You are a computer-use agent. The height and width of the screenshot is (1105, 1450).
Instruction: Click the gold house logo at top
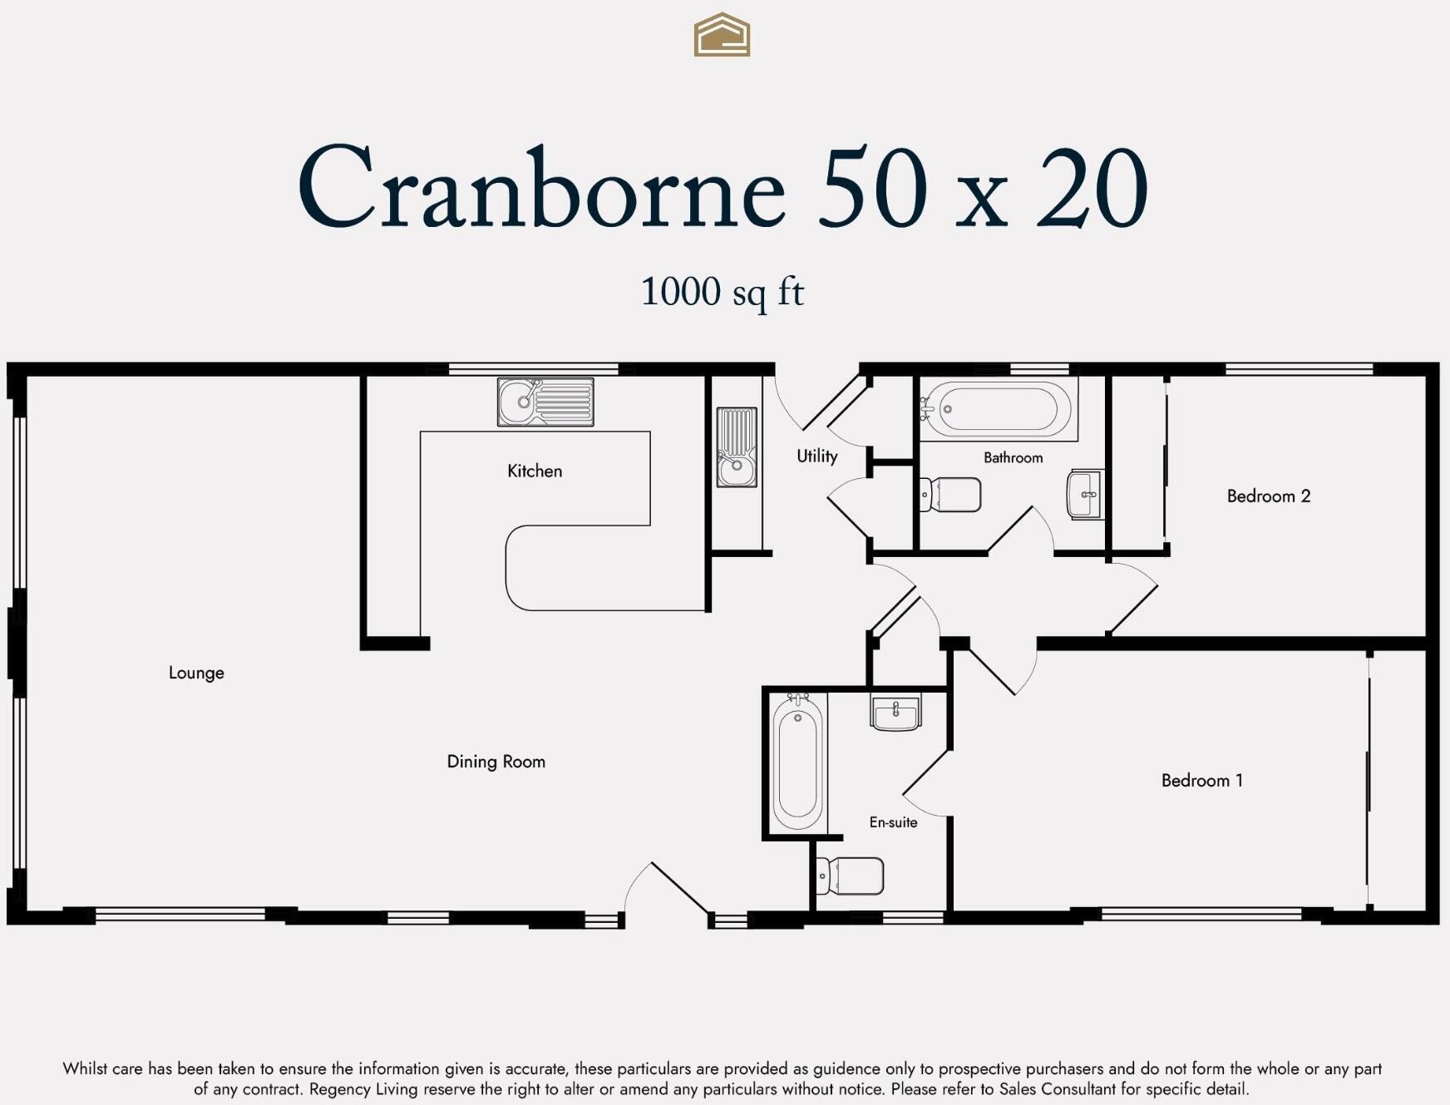722,35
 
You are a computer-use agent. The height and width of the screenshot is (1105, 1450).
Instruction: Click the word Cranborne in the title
540,188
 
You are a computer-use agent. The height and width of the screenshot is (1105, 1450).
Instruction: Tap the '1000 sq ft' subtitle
722,292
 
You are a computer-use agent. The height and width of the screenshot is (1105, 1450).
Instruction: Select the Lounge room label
196,673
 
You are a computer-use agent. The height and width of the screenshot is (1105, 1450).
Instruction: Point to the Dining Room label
496,762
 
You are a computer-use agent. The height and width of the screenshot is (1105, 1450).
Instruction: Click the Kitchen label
535,471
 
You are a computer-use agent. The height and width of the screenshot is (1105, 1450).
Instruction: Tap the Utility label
816,456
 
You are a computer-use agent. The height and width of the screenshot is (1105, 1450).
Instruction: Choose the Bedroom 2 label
1268,496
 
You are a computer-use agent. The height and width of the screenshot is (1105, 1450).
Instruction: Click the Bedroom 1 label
1201,781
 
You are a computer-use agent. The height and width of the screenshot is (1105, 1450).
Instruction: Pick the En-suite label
893,822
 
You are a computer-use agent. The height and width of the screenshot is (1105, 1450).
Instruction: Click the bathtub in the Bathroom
999,409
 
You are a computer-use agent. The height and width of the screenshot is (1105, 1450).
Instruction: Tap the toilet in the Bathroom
951,495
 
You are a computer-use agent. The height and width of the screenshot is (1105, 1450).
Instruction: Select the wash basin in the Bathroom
1085,495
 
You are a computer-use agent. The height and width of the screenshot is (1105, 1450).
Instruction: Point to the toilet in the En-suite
850,876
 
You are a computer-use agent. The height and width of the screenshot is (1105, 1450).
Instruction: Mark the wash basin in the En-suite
895,713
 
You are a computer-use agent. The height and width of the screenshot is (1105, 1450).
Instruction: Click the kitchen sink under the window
545,402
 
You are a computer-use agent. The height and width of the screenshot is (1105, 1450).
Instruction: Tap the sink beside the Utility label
737,447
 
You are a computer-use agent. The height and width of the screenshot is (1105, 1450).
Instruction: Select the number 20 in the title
1092,188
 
